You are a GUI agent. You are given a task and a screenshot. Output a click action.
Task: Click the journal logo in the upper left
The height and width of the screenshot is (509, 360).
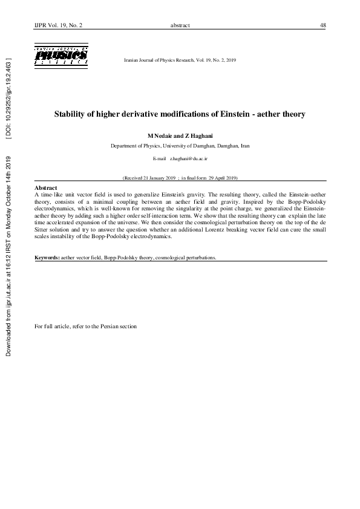(61, 54)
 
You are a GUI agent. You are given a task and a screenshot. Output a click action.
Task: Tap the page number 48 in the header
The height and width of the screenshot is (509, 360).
(323, 25)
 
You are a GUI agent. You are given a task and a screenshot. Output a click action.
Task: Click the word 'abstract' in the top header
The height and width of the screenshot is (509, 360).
(180, 25)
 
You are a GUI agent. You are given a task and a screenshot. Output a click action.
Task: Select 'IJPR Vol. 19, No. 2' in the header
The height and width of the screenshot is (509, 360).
(59, 25)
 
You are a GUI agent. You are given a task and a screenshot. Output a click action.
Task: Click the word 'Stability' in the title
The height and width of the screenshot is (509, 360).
(71, 114)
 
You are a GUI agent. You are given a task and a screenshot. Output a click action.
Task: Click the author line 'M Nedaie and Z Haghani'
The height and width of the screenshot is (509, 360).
(180, 135)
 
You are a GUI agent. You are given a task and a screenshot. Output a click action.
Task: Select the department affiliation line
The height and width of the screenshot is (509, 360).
(180, 146)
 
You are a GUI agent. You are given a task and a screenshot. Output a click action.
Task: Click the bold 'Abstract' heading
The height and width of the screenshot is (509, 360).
(46, 188)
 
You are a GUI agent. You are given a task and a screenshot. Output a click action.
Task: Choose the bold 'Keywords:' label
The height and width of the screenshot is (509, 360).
(47, 257)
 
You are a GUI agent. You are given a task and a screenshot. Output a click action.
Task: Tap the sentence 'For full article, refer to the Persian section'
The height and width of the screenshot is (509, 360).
(86, 326)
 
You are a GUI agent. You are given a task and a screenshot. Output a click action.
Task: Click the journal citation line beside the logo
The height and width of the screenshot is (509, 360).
(180, 61)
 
